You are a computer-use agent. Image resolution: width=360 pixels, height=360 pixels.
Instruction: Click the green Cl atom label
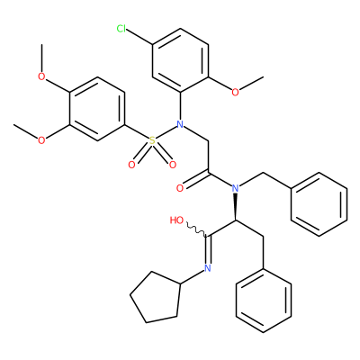point(121,29)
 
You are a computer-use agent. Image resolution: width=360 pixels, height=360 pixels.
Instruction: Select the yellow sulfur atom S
point(152,140)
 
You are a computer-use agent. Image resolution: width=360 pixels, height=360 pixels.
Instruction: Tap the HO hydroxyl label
point(176,220)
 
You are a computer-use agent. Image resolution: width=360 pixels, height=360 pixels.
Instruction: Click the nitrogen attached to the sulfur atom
point(180,124)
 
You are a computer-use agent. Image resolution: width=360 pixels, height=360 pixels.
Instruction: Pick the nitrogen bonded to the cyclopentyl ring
point(207,268)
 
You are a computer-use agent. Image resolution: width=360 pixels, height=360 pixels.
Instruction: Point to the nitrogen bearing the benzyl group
point(236,188)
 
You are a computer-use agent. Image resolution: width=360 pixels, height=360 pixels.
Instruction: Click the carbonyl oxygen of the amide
point(180,188)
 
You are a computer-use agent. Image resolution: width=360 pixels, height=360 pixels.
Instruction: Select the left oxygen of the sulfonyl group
point(131,165)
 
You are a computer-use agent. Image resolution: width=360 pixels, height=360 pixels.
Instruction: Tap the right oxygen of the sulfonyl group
point(173,165)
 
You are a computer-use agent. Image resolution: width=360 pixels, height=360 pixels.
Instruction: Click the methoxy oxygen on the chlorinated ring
point(236,92)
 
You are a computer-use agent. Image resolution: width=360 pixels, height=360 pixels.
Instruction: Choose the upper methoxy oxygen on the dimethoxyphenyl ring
point(41,76)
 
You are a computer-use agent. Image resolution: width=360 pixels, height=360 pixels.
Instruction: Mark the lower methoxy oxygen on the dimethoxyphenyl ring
point(41,140)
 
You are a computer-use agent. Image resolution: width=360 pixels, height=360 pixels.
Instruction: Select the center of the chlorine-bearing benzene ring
point(180,60)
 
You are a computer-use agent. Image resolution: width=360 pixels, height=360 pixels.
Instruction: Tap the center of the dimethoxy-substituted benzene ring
point(97,109)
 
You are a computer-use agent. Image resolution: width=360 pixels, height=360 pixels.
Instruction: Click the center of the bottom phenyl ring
point(264,300)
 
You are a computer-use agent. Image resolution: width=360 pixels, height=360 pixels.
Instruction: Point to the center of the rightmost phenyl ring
point(319,204)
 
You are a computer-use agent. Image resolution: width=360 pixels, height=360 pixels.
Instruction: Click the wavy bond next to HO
point(197,229)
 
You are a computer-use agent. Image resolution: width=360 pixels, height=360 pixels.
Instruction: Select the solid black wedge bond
point(236,208)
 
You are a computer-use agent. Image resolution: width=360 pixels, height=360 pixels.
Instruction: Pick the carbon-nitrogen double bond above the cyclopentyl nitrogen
point(207,249)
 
